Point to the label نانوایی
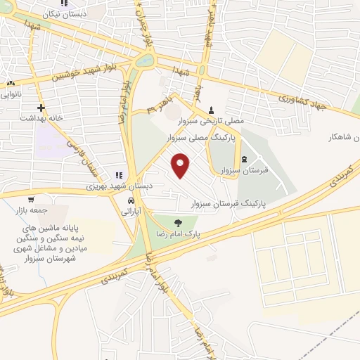coord(11,92)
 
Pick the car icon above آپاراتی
coord(131,200)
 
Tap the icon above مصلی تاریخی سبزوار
coord(212,110)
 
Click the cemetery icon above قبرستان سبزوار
coord(244,160)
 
